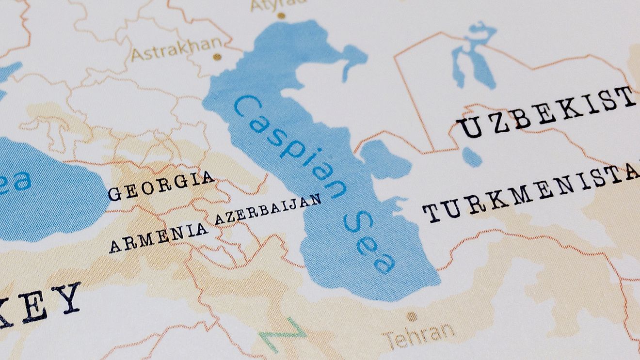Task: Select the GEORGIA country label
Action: (x=161, y=186)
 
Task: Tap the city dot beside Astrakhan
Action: (x=217, y=57)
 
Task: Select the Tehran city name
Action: (x=419, y=334)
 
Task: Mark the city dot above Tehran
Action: (x=412, y=317)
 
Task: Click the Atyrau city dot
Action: (x=281, y=16)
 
